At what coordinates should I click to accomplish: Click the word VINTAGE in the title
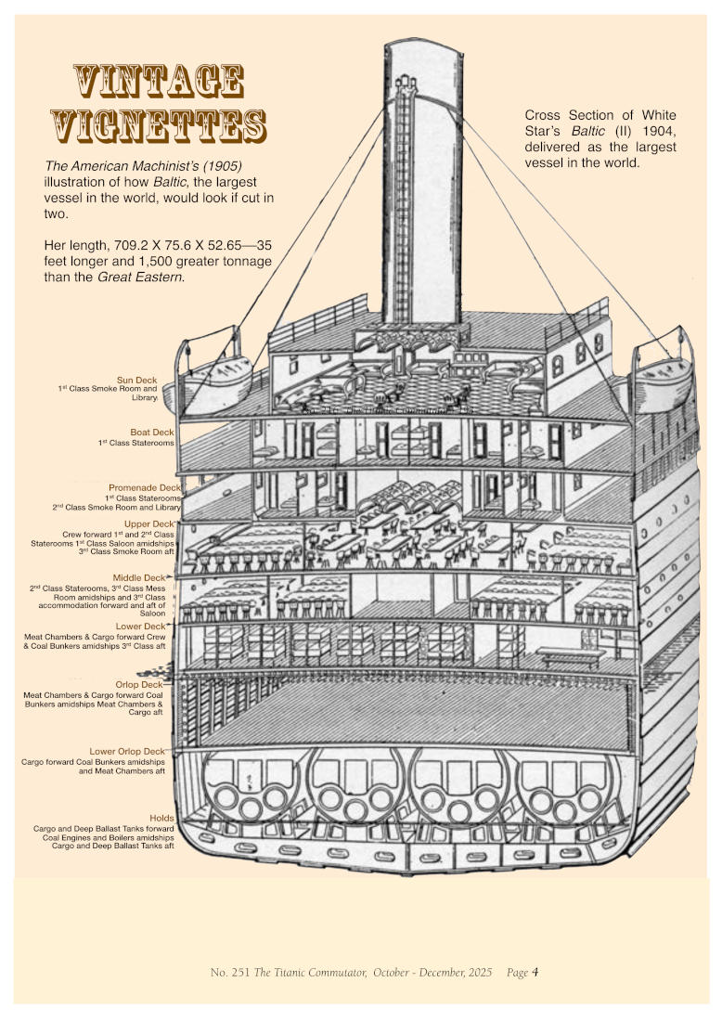[158, 82]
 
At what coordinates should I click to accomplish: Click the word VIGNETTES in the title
[158, 124]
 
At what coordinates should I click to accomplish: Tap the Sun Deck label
[137, 380]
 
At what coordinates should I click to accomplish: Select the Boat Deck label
[151, 433]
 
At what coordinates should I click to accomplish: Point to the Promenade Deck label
[144, 487]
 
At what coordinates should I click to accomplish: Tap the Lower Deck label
[140, 627]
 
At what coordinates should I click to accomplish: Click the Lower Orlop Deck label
[126, 751]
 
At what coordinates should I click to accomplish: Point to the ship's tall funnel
[423, 186]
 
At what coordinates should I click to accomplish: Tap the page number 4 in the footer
[535, 972]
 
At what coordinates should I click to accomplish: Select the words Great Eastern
[139, 277]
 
